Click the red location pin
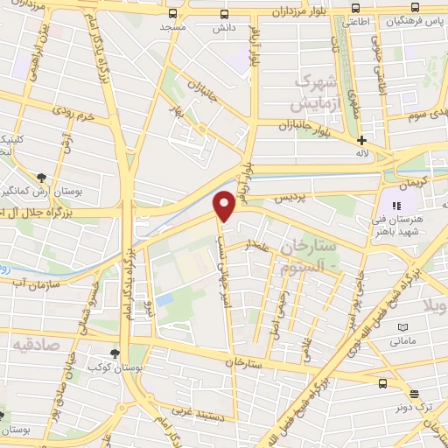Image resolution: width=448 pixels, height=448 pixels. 225,205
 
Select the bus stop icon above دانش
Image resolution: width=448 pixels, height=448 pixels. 225,14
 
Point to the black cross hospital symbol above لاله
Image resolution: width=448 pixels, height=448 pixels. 361,140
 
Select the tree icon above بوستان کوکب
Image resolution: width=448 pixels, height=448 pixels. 115,353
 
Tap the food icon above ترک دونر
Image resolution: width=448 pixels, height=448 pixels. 413,395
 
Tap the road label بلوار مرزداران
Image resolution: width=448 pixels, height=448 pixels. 303,12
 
